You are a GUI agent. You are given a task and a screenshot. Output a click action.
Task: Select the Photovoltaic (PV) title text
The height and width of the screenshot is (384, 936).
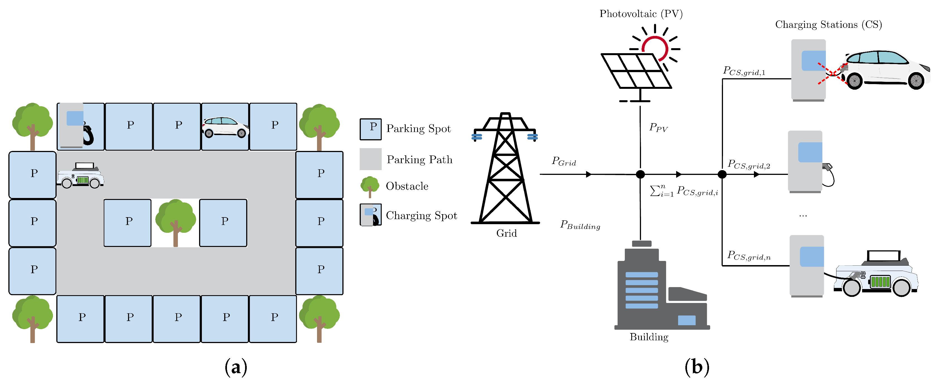641,14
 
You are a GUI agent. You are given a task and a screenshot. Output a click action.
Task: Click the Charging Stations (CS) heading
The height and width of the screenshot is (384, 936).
828,25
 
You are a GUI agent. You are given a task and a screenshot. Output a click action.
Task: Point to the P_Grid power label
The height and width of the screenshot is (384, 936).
563,161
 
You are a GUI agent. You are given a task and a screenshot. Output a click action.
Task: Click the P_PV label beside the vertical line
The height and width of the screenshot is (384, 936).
658,127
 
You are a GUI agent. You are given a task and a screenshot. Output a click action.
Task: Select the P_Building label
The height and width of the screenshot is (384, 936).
580,225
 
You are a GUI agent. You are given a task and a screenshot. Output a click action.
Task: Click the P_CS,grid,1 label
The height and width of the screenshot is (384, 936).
744,71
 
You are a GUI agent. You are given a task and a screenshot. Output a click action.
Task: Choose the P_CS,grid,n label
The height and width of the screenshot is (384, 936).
749,256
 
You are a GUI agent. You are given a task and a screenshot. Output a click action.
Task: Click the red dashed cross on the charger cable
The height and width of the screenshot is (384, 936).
832,74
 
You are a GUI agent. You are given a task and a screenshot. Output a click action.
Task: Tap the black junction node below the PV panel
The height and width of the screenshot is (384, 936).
640,175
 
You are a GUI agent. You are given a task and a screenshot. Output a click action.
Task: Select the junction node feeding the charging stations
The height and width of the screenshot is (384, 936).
722,175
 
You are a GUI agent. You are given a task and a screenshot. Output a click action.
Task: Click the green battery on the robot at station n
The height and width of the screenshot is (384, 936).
880,282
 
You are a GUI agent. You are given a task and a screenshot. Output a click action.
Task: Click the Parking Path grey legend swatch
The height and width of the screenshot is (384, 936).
370,159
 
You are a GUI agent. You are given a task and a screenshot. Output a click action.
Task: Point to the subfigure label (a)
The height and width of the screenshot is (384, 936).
236,367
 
